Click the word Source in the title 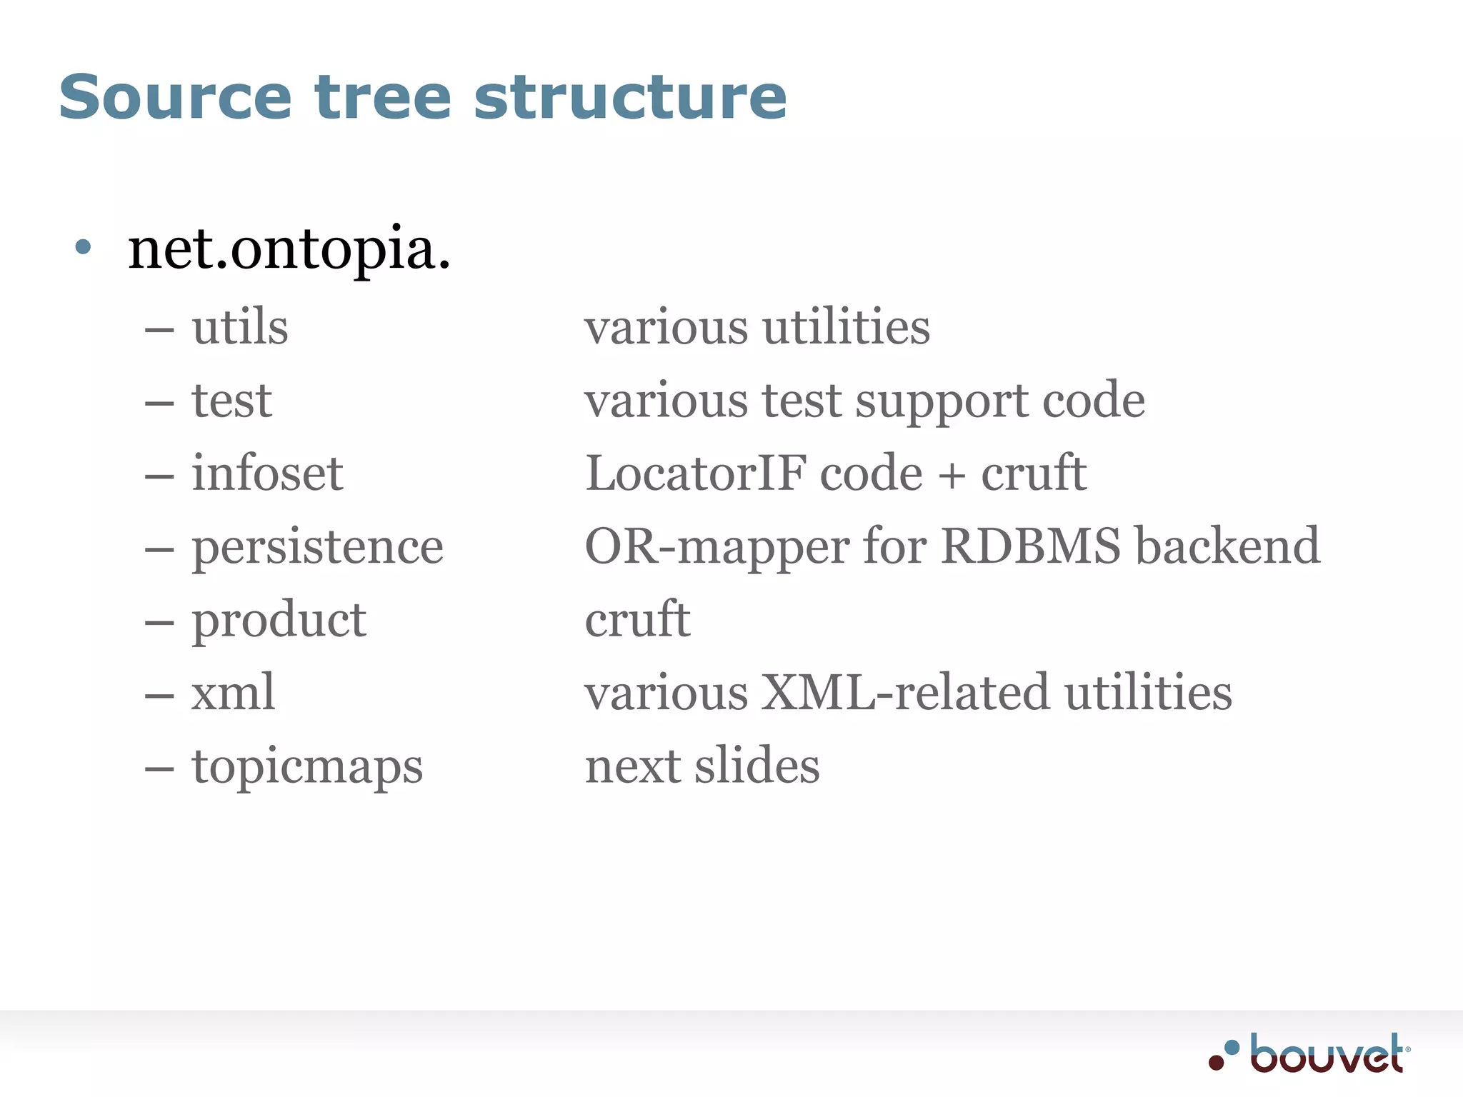point(175,97)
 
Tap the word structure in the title point(630,97)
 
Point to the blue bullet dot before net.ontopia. point(83,247)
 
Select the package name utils point(240,327)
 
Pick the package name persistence point(317,547)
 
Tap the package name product point(279,620)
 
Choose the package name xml point(233,692)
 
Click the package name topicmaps point(307,766)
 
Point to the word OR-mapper point(716,547)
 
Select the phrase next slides point(702,766)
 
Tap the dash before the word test point(159,403)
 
